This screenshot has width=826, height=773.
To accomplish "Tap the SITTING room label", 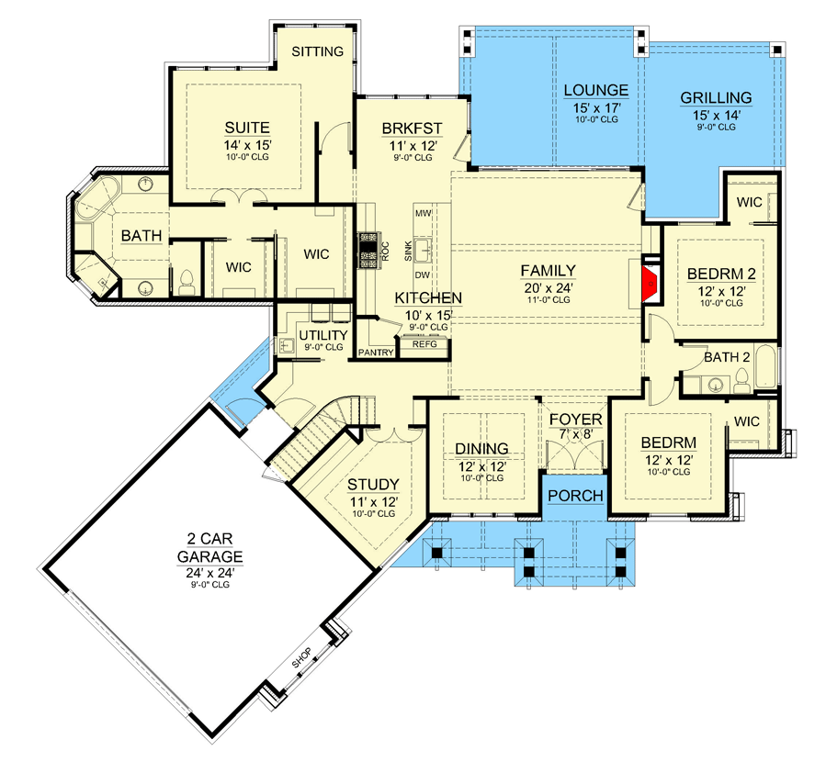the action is [318, 51].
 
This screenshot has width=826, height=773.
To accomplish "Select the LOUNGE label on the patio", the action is [595, 91].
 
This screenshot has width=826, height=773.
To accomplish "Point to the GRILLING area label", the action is [716, 98].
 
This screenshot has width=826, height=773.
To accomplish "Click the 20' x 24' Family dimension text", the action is [548, 288].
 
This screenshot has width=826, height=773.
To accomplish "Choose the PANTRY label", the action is [376, 352].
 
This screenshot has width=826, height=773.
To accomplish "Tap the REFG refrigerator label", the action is [424, 344].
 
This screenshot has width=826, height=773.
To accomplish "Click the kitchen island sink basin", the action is [423, 250].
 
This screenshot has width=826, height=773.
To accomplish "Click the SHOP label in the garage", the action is [302, 657].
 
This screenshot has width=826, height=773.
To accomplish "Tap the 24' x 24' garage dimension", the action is [210, 573].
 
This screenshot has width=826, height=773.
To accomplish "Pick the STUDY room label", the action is [373, 485].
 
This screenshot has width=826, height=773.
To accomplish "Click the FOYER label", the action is [576, 420].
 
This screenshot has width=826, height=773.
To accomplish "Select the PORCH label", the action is [575, 496].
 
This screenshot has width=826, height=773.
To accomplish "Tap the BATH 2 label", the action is [727, 357].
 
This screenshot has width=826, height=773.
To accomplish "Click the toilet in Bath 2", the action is [741, 380].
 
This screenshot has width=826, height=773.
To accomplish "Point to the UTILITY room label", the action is [323, 335].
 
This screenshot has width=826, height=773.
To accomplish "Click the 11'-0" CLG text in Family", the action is [549, 300].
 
